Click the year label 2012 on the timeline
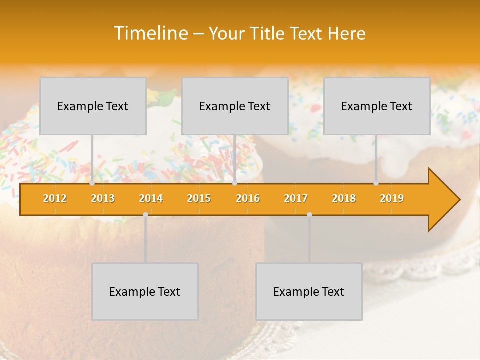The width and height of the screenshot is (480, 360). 55,198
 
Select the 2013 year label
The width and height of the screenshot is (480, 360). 103,198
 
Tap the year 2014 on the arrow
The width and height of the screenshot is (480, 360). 151,198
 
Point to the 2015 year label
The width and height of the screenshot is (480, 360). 199,198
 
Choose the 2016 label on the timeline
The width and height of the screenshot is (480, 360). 248,198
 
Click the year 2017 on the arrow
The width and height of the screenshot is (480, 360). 296,198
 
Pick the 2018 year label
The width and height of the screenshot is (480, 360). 344,198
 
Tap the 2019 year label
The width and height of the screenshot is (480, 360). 392,198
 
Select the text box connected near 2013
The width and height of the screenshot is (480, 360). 93,106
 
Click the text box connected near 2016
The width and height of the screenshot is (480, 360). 235,106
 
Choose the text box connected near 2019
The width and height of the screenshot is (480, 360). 377,106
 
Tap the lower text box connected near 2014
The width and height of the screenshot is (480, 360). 145,291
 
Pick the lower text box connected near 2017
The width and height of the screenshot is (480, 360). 309,291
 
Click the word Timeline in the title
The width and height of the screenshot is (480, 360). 150,33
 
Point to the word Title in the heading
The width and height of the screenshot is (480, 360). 269,33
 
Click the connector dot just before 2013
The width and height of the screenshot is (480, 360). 92,183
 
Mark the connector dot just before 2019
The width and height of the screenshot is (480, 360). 376,183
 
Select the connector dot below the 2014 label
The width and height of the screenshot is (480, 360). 145,214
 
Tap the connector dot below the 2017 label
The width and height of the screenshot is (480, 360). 309,214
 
